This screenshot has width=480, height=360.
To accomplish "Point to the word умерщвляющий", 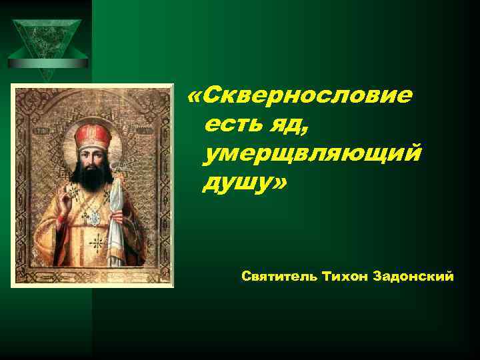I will tap(313, 155).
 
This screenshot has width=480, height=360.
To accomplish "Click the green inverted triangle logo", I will tap(47, 41).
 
